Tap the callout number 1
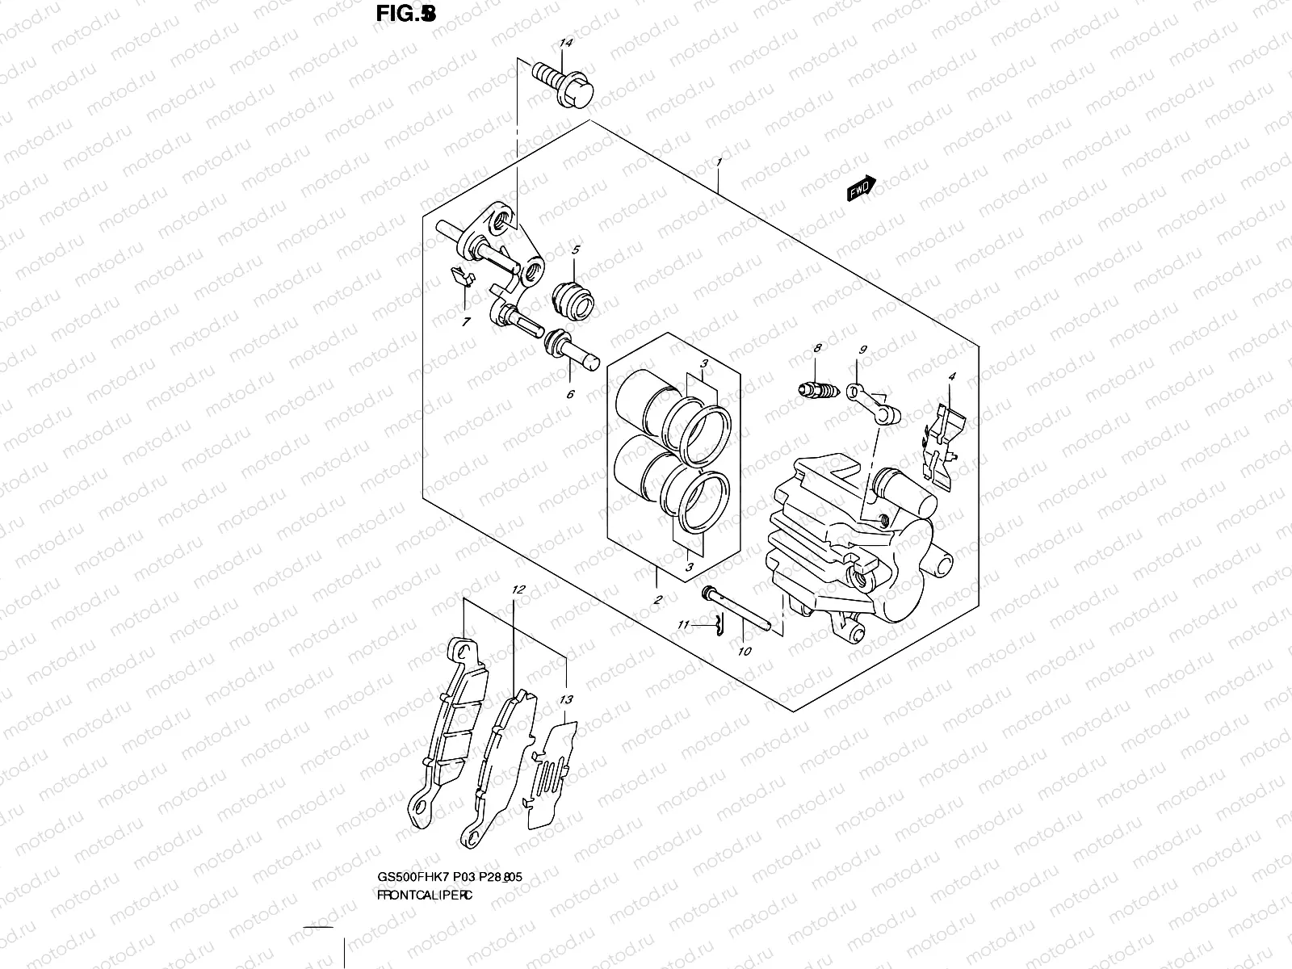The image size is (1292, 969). [719, 162]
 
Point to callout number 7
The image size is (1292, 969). [466, 322]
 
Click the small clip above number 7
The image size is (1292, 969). [459, 277]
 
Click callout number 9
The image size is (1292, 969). [863, 350]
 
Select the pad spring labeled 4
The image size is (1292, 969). [940, 444]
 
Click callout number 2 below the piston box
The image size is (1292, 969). [658, 599]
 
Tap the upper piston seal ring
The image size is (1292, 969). [703, 433]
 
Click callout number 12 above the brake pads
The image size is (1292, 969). [518, 590]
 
